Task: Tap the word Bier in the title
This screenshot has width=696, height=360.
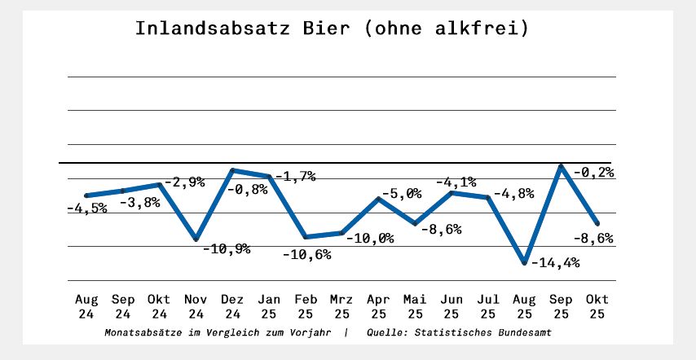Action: coord(321,29)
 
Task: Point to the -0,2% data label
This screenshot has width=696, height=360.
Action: coord(592,172)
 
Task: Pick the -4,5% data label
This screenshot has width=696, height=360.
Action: coord(86,209)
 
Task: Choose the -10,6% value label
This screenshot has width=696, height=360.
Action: coord(306,255)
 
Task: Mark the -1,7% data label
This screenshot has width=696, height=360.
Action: coord(294,175)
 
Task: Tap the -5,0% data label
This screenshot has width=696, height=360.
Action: coord(399,193)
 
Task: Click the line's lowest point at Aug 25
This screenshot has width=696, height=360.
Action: coord(524,263)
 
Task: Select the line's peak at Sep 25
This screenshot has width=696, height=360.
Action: coord(561,166)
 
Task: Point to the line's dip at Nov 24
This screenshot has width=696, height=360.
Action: coord(196,239)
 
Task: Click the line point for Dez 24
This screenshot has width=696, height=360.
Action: coord(232,170)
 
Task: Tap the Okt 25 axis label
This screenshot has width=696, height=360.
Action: coord(597,305)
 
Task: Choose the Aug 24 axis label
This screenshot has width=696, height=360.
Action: coord(86,305)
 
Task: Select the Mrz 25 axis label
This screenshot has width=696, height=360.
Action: coord(341,305)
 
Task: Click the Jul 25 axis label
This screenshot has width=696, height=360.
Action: coord(487,305)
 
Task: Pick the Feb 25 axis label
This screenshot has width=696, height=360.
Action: coord(306,305)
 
